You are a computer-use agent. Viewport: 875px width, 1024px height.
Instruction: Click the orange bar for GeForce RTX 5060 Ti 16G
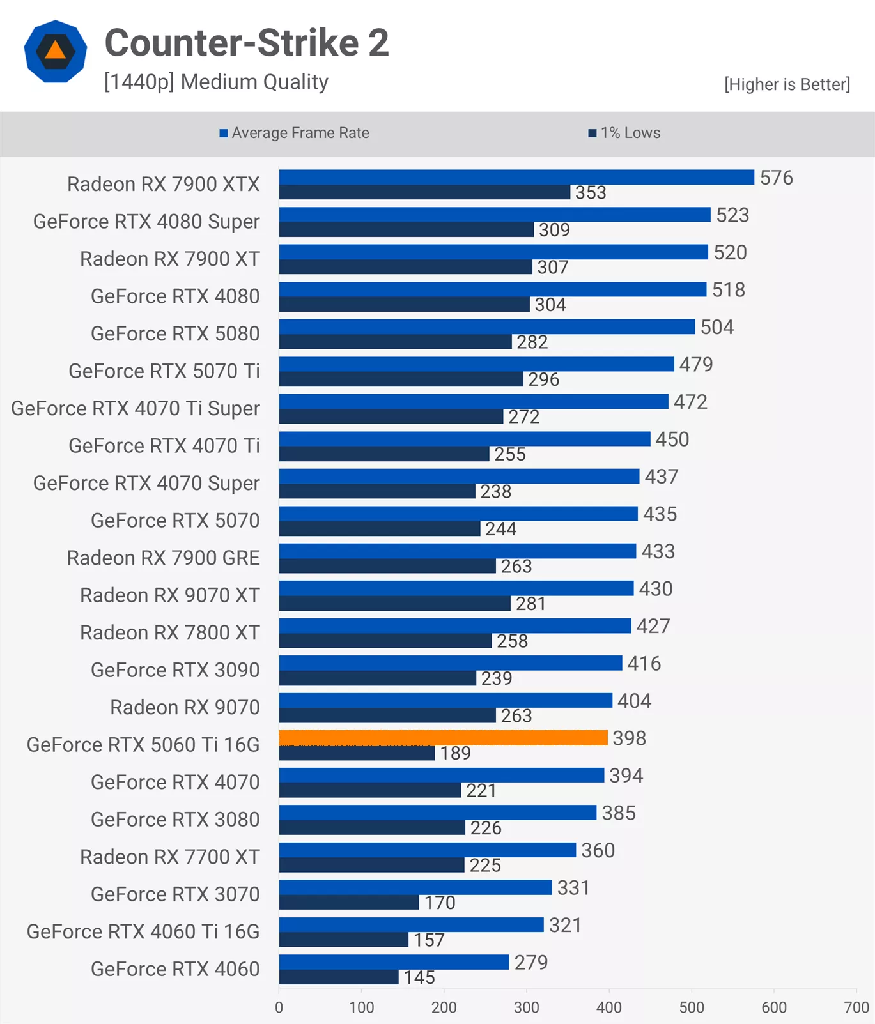click(x=443, y=738)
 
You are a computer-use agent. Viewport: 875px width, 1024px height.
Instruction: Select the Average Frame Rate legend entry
click(x=294, y=133)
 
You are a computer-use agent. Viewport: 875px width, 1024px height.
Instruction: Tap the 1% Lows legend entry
click(x=624, y=133)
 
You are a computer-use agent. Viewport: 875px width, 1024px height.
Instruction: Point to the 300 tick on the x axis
click(x=526, y=1007)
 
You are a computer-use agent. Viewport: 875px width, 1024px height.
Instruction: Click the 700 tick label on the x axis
click(x=856, y=1007)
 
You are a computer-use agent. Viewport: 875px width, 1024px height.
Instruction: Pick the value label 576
click(x=776, y=178)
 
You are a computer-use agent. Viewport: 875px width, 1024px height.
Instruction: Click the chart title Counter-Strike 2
click(x=247, y=43)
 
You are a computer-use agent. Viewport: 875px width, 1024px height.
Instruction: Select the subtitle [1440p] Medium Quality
click(x=216, y=82)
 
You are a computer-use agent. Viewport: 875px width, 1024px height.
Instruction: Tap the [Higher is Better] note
click(x=787, y=84)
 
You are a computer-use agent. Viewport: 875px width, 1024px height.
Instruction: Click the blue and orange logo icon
click(x=56, y=51)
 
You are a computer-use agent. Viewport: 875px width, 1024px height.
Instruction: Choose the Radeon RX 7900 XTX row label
click(x=163, y=184)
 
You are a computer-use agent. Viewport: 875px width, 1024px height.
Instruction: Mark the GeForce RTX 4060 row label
click(x=175, y=969)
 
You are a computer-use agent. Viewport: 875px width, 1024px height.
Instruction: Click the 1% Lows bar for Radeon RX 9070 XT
click(x=394, y=603)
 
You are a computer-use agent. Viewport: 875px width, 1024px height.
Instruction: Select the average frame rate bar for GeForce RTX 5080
click(x=486, y=326)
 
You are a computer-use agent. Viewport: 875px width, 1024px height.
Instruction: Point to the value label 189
click(x=455, y=753)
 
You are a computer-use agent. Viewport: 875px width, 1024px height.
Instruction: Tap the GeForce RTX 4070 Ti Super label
click(x=136, y=408)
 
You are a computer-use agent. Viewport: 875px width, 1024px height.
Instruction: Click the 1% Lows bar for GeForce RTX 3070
click(x=349, y=902)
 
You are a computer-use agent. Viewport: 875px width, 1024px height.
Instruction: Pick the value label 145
click(x=419, y=977)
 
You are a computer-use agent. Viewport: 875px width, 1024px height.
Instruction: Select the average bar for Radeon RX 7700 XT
click(x=427, y=850)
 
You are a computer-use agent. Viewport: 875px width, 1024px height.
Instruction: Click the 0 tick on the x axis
click(x=279, y=1007)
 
